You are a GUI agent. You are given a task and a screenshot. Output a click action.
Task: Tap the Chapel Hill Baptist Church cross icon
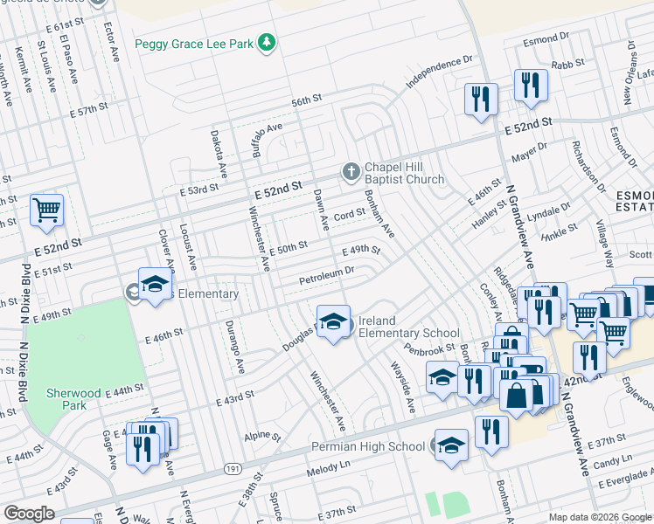pyautogui.click(x=351, y=171)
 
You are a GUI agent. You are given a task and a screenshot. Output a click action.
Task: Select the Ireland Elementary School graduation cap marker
pyautogui.click(x=333, y=322)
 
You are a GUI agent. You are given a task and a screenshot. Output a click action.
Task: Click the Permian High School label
pyautogui.click(x=368, y=446)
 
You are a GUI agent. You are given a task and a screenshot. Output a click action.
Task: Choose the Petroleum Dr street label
pyautogui.click(x=326, y=276)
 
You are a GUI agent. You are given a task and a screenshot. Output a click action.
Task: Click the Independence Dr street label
pyautogui.click(x=439, y=72)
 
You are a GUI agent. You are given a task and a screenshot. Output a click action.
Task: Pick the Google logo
pyautogui.click(x=29, y=514)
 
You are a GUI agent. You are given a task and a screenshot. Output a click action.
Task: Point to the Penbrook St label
pyautogui.click(x=429, y=350)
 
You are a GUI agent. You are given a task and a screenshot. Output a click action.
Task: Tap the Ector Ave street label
pyautogui.click(x=112, y=42)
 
